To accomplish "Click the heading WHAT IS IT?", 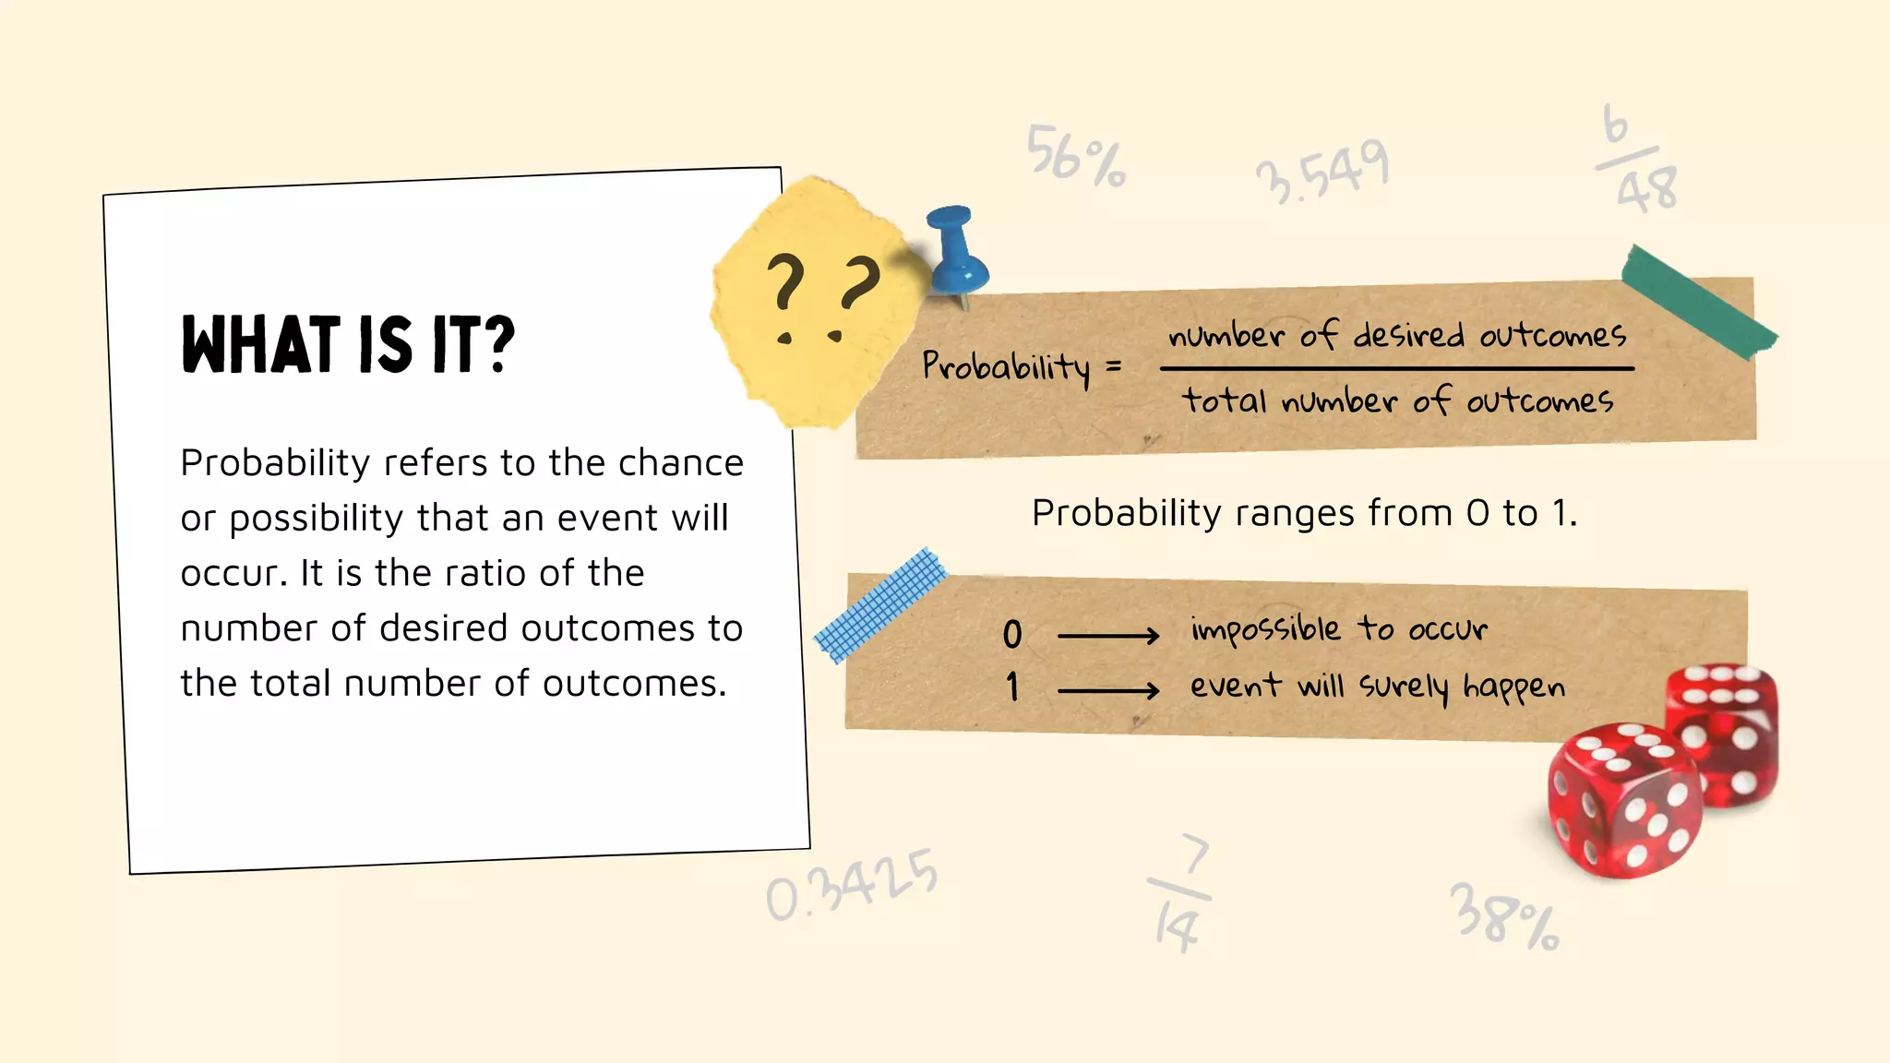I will [x=348, y=344].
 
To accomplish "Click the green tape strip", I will [x=1698, y=302].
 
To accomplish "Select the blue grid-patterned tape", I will [x=881, y=604].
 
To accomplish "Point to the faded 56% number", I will [x=1076, y=156].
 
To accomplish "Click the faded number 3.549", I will [x=1322, y=172].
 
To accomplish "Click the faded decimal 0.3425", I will [x=852, y=886].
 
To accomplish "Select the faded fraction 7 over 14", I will [x=1180, y=893].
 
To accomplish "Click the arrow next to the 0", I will [x=1107, y=636].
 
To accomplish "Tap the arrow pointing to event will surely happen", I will [x=1107, y=690].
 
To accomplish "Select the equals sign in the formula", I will [x=1114, y=367].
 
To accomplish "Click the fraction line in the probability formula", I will [x=1396, y=368].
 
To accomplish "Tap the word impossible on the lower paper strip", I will [x=1265, y=630].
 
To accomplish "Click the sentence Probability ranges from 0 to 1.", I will [x=1304, y=513].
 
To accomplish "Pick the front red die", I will [x=1624, y=800].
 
